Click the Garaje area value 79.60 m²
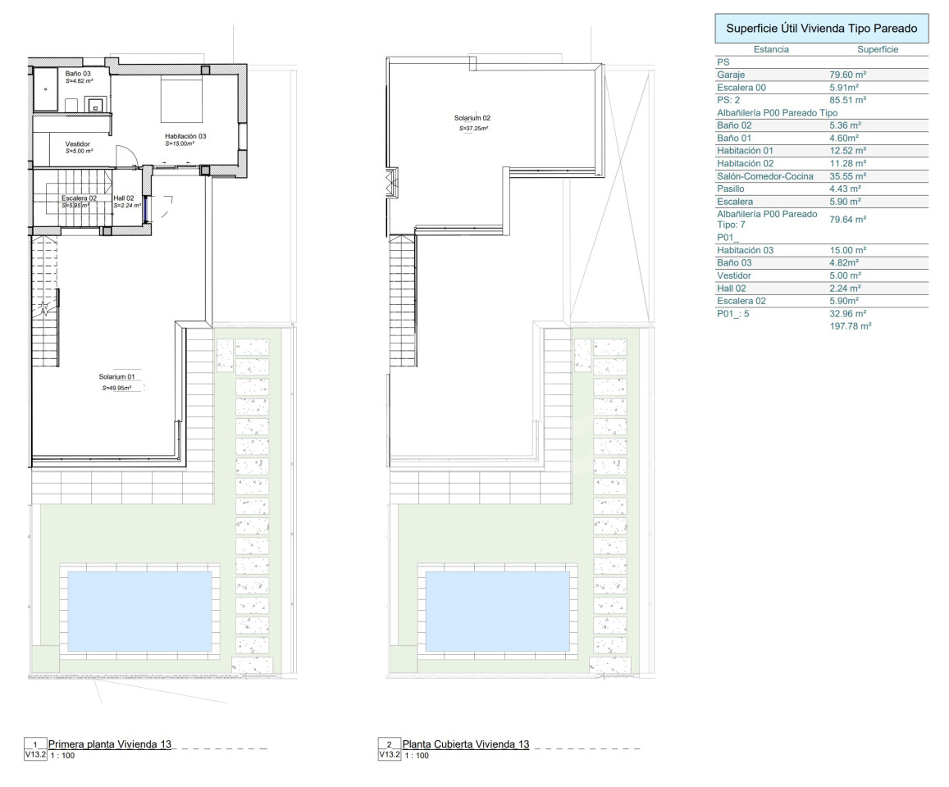point(847,75)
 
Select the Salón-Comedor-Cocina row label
point(765,176)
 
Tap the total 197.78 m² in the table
point(851,326)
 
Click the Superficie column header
point(878,50)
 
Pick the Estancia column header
point(771,50)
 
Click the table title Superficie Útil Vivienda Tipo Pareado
point(821,29)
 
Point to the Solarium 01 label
point(116,377)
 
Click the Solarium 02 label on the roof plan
point(472,119)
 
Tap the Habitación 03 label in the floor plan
point(185,136)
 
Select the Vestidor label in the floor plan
point(77,144)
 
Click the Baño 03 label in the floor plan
point(78,74)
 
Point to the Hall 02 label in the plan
point(124,198)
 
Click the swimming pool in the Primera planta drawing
point(139,611)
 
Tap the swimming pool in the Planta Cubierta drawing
point(498,611)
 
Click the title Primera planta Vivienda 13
point(110,744)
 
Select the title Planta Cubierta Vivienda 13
point(465,744)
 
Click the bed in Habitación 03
point(181,100)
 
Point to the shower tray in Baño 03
point(45,89)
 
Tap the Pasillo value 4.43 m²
point(845,189)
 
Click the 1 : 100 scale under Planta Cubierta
point(417,756)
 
